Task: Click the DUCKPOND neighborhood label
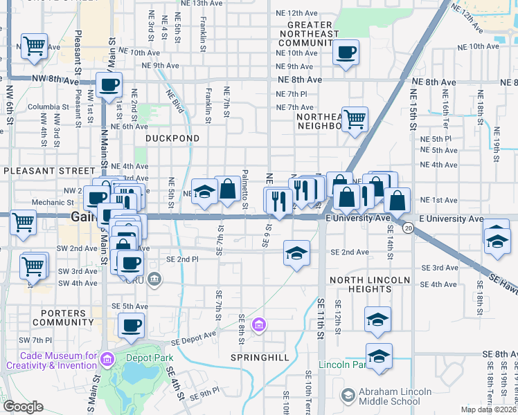click(x=172, y=138)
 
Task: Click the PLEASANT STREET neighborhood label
click(x=48, y=170)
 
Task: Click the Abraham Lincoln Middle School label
click(x=405, y=393)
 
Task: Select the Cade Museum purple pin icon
click(x=107, y=358)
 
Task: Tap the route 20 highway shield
click(x=409, y=228)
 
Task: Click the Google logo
click(x=23, y=407)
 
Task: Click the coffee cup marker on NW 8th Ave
click(x=109, y=85)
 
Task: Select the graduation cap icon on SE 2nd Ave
click(x=296, y=252)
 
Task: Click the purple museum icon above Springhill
click(x=259, y=324)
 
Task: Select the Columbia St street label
click(x=44, y=107)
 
